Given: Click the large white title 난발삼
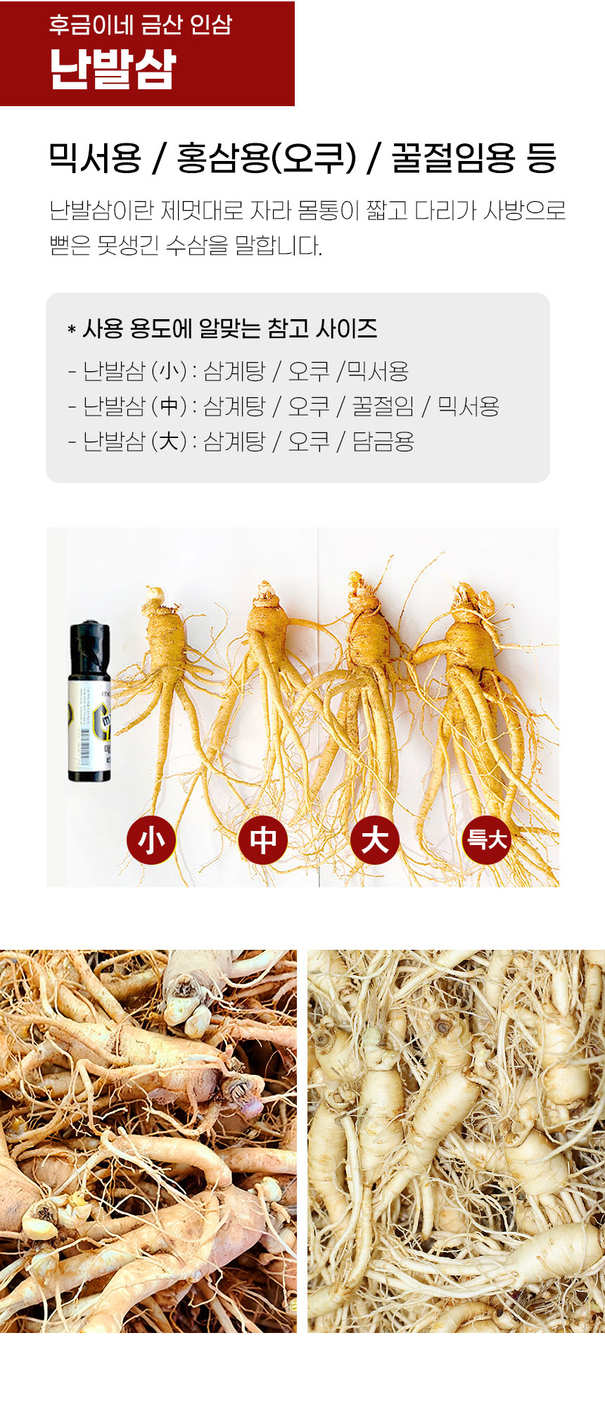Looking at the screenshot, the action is coord(113,70).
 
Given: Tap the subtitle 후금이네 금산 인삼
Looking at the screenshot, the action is coord(140,25).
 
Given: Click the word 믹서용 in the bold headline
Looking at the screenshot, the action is coord(95,157).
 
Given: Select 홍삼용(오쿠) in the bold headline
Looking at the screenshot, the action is coord(266,157).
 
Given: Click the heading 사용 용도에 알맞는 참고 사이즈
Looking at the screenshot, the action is coord(229,328).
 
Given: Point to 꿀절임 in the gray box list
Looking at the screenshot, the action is coord(383,406).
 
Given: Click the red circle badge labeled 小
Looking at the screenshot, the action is coord(151,839).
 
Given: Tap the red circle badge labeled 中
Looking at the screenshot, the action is coord(263,839).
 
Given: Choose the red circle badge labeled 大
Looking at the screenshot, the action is coord(375,839).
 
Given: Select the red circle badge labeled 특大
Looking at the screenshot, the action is coord(487,839).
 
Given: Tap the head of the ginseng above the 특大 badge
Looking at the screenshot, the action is coord(473,601).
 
